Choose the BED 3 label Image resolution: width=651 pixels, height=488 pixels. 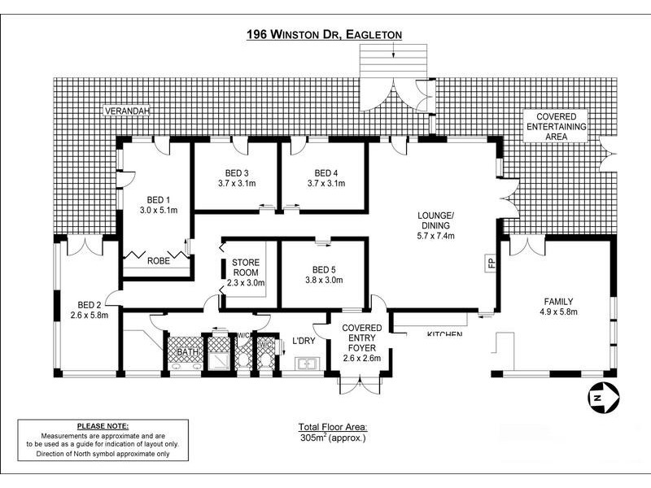[x=237, y=172]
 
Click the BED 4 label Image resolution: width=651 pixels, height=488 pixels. [x=326, y=172]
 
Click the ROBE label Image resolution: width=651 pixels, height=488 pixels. [x=159, y=261]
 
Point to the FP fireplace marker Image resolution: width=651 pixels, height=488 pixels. [x=490, y=263]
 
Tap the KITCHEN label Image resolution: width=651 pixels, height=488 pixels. [x=444, y=334]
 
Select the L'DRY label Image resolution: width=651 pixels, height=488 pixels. [x=303, y=340]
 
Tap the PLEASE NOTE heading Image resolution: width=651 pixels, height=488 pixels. [x=103, y=425]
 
